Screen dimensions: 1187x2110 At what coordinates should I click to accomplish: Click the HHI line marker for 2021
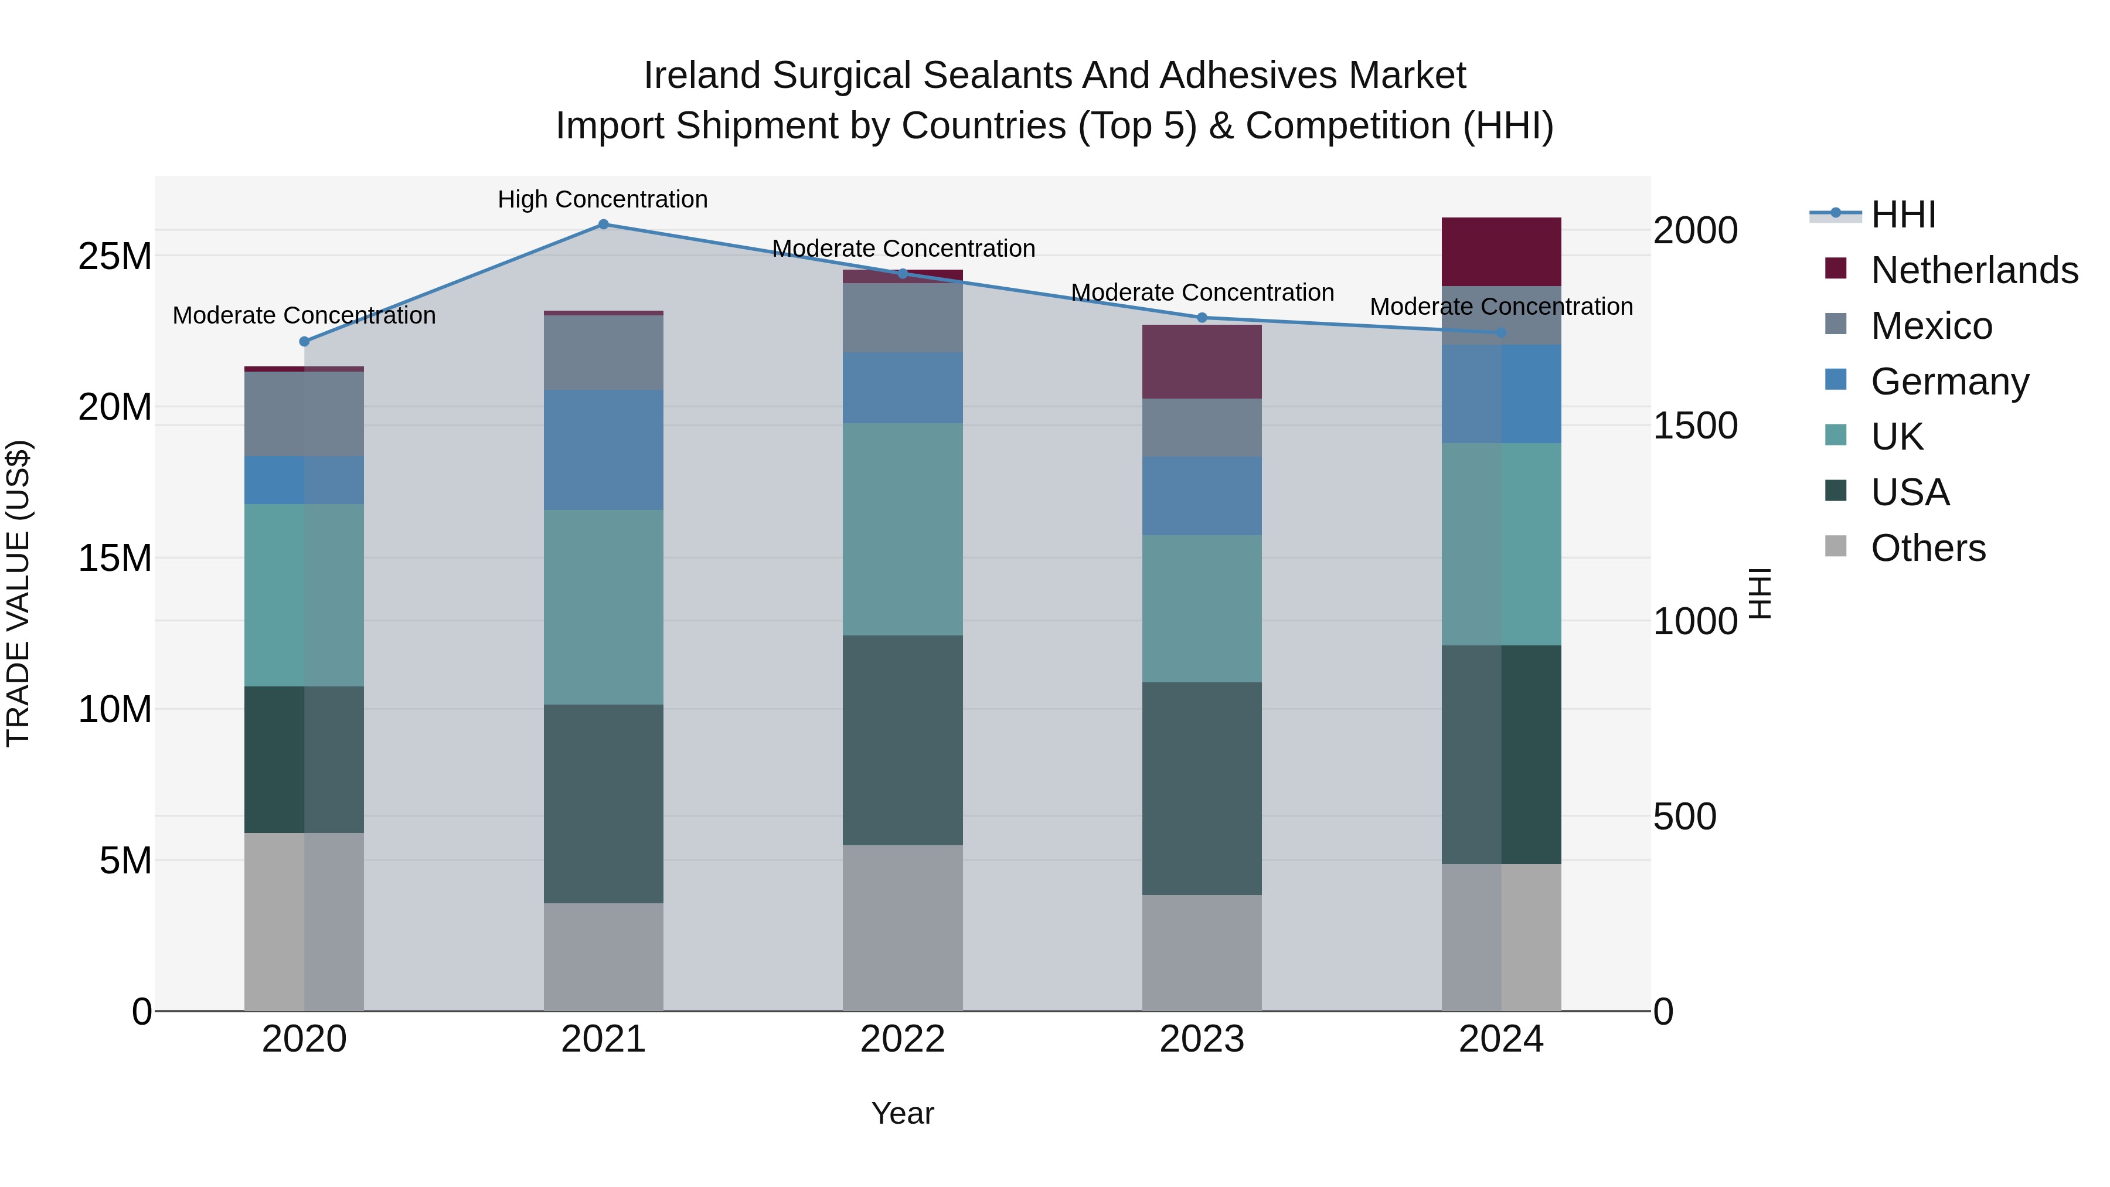(x=603, y=224)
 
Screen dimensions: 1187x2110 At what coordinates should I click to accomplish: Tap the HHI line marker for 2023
(x=1202, y=317)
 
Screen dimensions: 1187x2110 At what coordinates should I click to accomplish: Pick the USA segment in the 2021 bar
(x=603, y=804)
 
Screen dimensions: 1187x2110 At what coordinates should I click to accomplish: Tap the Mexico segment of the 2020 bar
(x=304, y=414)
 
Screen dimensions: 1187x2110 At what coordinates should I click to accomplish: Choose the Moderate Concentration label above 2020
(x=304, y=315)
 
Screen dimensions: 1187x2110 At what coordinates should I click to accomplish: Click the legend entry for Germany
(x=1949, y=382)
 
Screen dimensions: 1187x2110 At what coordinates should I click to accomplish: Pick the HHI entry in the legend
(x=1903, y=215)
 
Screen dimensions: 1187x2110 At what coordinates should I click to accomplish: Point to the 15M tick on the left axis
(x=115, y=559)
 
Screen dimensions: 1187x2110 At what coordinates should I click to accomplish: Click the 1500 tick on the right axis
(x=1694, y=426)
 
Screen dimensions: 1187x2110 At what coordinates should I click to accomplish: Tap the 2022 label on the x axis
(x=903, y=1039)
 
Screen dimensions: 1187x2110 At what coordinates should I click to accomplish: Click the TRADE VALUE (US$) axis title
(x=18, y=593)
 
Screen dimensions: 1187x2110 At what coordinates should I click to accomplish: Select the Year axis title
(x=903, y=1113)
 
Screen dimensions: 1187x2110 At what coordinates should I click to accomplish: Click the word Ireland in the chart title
(x=702, y=76)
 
